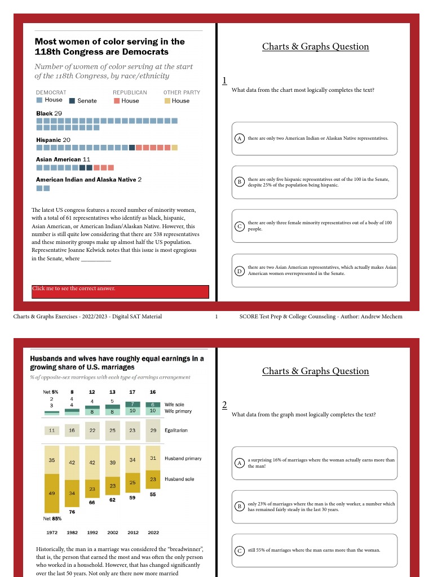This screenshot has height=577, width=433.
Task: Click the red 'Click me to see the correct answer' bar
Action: point(120,291)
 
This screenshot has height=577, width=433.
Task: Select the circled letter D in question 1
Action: point(239,271)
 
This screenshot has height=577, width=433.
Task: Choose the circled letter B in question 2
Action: point(239,507)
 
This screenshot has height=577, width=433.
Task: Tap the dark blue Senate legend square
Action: point(72,101)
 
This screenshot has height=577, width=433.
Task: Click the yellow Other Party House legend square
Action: point(167,101)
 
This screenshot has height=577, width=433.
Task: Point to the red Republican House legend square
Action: point(116,101)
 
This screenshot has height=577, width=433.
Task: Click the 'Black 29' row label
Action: point(49,113)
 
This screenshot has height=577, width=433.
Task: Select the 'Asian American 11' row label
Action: point(63,159)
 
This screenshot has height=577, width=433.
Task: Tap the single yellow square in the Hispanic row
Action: point(175,148)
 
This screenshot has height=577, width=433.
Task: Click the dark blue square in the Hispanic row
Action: point(132,148)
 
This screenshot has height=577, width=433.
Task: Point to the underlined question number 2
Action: point(224,405)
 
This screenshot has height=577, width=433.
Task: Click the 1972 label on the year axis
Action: point(52,532)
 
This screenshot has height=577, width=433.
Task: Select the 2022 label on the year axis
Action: point(153,532)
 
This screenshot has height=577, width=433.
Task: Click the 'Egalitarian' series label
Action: point(175,430)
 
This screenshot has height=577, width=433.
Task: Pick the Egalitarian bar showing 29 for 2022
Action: point(153,430)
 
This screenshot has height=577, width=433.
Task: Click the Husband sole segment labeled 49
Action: point(52,493)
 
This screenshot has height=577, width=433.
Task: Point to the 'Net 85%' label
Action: point(52,518)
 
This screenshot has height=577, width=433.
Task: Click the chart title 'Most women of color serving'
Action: point(109,46)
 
